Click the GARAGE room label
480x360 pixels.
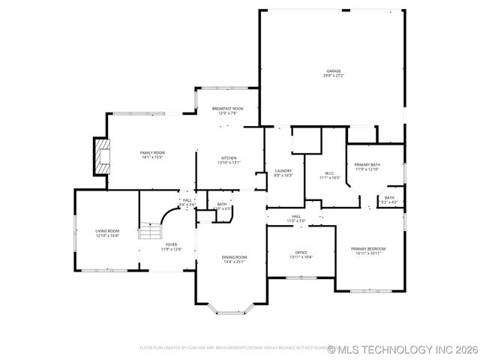click(x=333, y=71)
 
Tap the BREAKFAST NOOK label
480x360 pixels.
click(x=227, y=109)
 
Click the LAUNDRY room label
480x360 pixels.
click(x=283, y=171)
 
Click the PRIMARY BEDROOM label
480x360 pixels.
click(x=369, y=248)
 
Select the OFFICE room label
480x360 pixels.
click(x=301, y=252)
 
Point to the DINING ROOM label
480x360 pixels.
click(x=234, y=257)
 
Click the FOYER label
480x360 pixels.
click(x=172, y=244)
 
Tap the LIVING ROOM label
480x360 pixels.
click(x=107, y=231)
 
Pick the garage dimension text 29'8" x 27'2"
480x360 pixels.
click(x=333, y=76)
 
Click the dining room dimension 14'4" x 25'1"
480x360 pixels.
click(x=234, y=262)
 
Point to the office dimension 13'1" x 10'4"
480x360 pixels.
click(x=301, y=256)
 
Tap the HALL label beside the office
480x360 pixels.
click(x=296, y=216)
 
